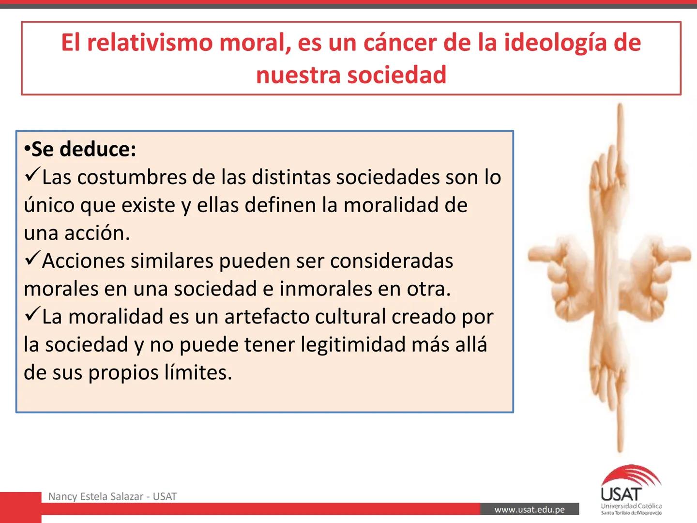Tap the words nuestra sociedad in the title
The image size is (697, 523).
(x=351, y=75)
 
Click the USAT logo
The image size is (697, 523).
(x=631, y=490)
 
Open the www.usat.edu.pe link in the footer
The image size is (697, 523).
(x=530, y=509)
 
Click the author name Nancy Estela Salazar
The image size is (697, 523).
(x=95, y=496)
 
